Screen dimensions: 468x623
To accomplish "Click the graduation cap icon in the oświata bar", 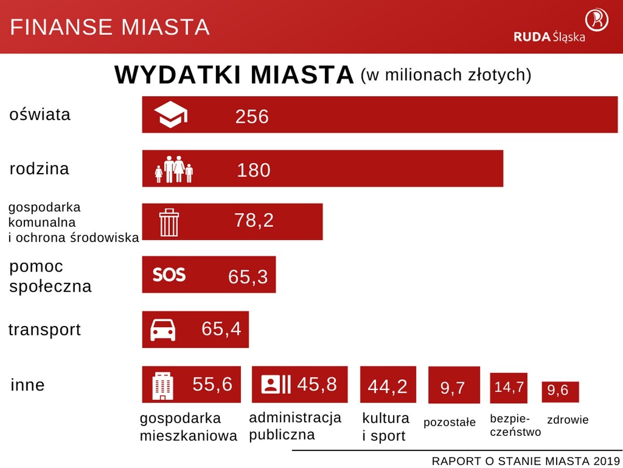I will (x=171, y=115).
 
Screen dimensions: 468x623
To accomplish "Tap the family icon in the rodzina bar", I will (x=174, y=170).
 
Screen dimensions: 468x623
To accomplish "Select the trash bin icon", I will (x=169, y=222).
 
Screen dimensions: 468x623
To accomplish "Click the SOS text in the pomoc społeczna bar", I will (x=169, y=275).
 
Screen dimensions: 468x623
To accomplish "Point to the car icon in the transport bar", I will (x=163, y=330).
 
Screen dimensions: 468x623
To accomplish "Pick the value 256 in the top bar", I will (x=252, y=116).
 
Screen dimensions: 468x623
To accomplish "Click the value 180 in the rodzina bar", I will (x=254, y=171).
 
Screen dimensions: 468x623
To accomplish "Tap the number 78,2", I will (x=253, y=220).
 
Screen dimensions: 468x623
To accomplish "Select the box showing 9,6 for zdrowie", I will (x=560, y=392).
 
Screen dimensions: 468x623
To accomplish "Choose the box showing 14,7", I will (x=509, y=388).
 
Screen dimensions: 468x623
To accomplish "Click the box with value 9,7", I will (x=453, y=385).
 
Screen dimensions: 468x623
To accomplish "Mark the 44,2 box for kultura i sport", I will (x=387, y=385).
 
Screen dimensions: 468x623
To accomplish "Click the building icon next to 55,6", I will (x=162, y=385).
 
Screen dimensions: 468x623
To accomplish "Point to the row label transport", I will (x=45, y=330).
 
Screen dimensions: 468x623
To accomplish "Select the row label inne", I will (x=28, y=385).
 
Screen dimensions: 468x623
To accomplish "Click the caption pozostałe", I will (x=450, y=422).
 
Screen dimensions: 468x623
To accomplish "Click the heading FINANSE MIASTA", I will (x=110, y=27).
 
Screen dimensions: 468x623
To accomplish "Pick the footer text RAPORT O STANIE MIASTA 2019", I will (x=526, y=461).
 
